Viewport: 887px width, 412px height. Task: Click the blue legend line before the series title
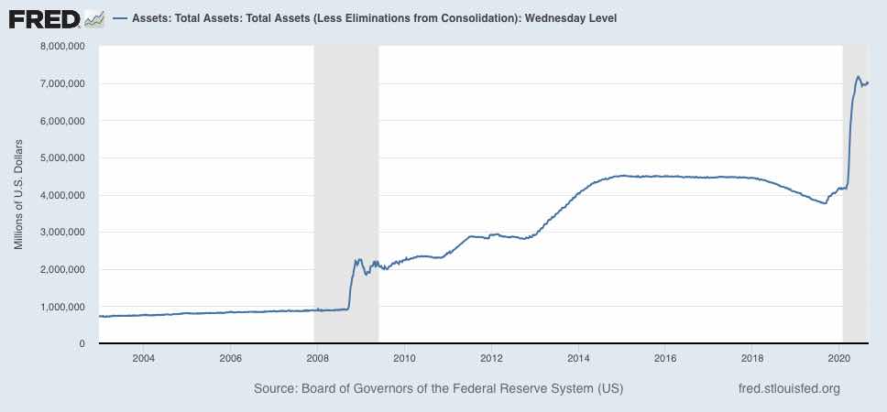click(x=121, y=18)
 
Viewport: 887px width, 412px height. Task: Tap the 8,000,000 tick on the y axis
click(x=60, y=46)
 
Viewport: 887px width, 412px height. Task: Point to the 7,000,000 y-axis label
click(x=60, y=83)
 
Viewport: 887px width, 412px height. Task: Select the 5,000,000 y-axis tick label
click(x=60, y=157)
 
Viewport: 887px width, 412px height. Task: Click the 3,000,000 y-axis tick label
click(x=60, y=232)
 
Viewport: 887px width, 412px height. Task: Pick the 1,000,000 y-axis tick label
click(x=60, y=307)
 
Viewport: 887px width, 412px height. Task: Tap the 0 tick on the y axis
click(x=82, y=343)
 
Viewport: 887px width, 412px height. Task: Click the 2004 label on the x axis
click(x=143, y=358)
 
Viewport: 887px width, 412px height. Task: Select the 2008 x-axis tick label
click(x=317, y=358)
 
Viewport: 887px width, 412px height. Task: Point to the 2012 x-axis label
click(x=492, y=358)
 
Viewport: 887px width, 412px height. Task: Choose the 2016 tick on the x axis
click(x=666, y=358)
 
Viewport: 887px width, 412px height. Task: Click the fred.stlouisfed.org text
click(x=789, y=389)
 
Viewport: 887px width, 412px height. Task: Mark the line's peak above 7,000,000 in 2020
click(x=858, y=77)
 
